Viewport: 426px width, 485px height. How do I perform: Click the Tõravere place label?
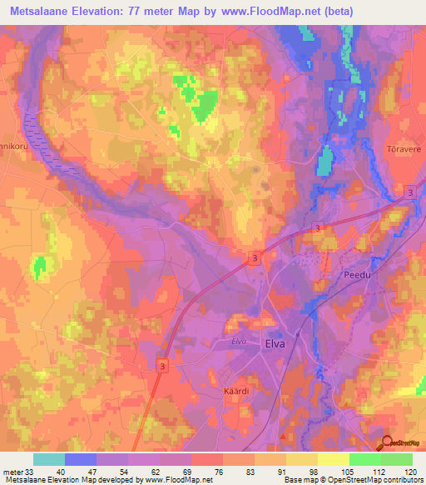pyautogui.click(x=401, y=148)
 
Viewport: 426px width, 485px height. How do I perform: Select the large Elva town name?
pyautogui.click(x=275, y=342)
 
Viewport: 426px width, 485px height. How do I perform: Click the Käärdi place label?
pyautogui.click(x=237, y=391)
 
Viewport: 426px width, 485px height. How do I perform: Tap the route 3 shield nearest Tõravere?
pyautogui.click(x=409, y=193)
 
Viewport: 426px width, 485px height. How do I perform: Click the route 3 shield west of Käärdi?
pyautogui.click(x=162, y=365)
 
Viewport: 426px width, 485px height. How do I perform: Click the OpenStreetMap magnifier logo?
pyautogui.click(x=389, y=444)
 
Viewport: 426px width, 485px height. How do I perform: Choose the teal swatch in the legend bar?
pyautogui.click(x=49, y=459)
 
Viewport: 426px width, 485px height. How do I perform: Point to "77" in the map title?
pyautogui.click(x=141, y=12)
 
